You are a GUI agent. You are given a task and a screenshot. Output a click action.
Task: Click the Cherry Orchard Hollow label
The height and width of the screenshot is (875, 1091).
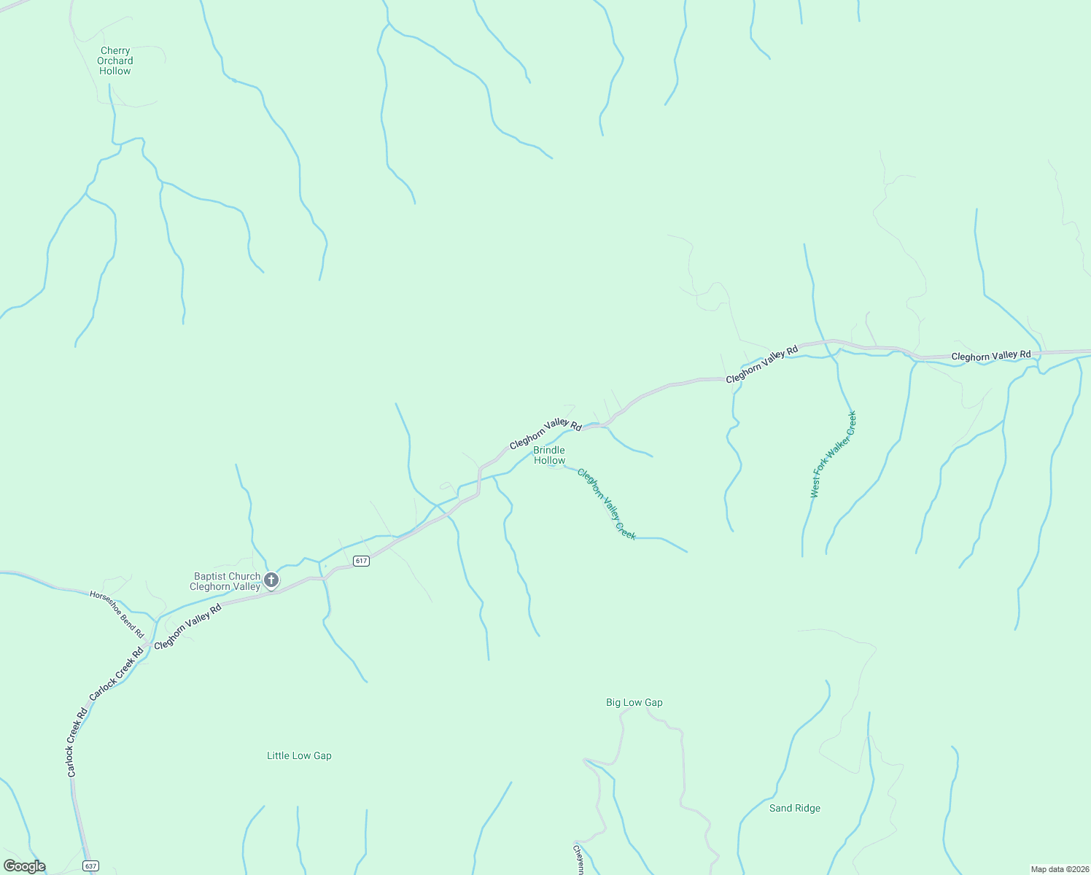(115, 61)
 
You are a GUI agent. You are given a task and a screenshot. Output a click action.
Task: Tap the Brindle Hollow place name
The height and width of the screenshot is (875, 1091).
(549, 455)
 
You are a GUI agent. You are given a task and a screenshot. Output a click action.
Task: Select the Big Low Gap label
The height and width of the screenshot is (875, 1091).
(634, 703)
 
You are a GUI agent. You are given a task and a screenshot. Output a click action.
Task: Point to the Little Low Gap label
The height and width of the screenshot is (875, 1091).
(299, 756)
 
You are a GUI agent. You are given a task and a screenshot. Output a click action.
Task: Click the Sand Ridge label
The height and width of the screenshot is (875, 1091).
(795, 809)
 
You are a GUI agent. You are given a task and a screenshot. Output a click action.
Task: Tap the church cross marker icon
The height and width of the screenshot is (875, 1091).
(271, 580)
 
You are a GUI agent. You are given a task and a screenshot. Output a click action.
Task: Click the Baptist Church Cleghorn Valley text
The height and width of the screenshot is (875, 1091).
(225, 581)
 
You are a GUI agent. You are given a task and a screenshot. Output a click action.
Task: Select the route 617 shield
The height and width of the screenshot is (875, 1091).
(361, 561)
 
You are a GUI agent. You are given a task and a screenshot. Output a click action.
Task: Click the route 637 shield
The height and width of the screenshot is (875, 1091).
(90, 866)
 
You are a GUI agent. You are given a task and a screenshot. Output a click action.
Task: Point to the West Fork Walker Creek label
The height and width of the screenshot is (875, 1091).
(834, 455)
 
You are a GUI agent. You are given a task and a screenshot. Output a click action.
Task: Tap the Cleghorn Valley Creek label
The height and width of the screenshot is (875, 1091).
(607, 504)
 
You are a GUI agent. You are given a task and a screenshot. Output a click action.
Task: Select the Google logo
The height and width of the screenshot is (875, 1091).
(25, 866)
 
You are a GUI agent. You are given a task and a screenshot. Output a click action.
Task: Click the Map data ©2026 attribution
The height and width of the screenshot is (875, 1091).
(1059, 869)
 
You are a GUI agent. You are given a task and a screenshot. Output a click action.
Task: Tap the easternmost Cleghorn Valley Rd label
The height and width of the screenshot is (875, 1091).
(991, 356)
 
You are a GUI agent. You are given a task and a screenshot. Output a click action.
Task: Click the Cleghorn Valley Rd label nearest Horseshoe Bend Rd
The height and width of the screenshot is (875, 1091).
(187, 626)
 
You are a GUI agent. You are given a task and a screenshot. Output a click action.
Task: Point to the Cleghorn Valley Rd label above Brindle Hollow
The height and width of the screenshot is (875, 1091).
(545, 434)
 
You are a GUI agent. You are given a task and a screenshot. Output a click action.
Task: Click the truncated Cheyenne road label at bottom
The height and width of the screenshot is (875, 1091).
(578, 860)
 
